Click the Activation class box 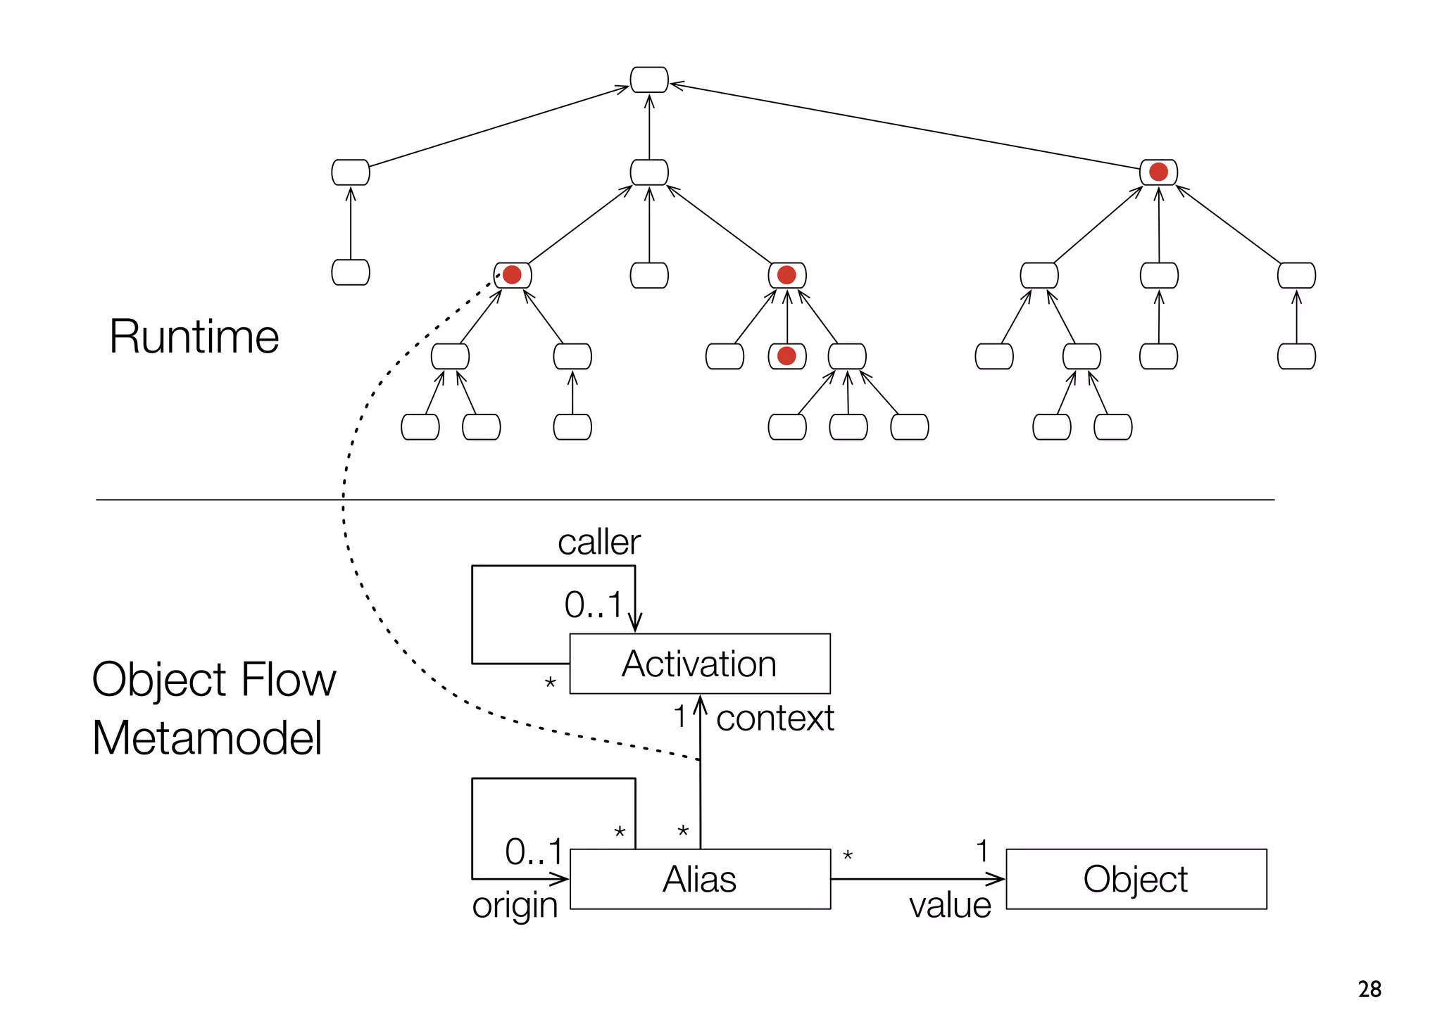[699, 664]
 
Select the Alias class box [699, 879]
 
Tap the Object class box [1136, 879]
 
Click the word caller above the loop [598, 543]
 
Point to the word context [775, 719]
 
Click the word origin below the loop [515, 906]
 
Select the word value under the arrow [950, 906]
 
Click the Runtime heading [194, 336]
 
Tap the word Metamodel [207, 738]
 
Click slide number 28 [1369, 989]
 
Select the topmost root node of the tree [649, 80]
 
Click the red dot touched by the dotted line [512, 274]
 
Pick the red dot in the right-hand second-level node [1158, 172]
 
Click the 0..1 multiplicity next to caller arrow [593, 605]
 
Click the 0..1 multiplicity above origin [534, 852]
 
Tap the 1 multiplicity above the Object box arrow [982, 852]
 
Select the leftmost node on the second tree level [351, 172]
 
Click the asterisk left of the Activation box [551, 683]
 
